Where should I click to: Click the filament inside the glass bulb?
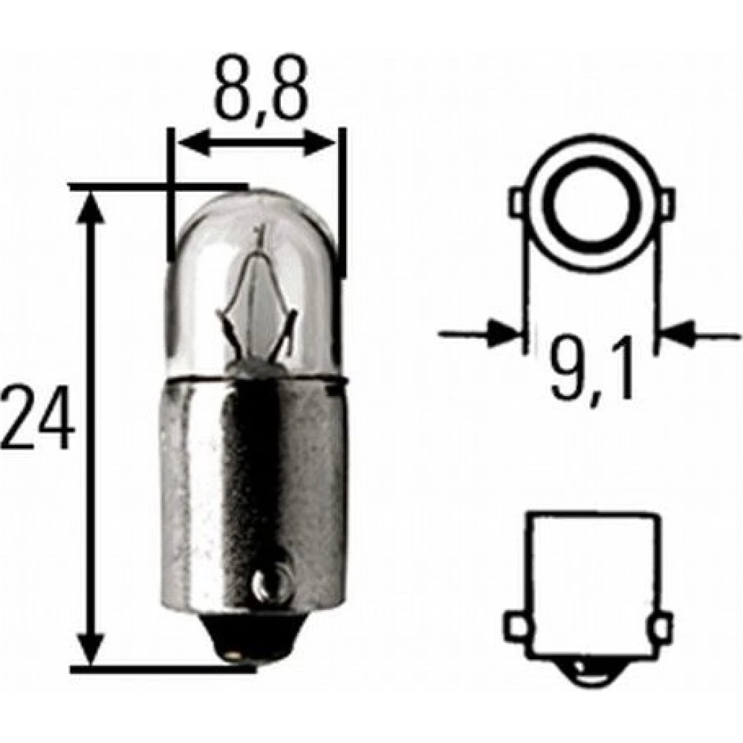click(256, 303)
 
